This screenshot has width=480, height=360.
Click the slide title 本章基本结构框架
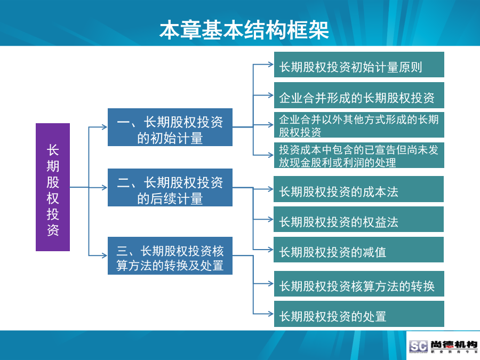click(x=244, y=30)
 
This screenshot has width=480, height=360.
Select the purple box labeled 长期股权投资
click(x=53, y=187)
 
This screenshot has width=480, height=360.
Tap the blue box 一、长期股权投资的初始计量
click(x=170, y=127)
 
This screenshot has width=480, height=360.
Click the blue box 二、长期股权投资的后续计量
click(x=170, y=187)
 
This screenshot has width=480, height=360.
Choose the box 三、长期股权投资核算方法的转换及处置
click(x=170, y=255)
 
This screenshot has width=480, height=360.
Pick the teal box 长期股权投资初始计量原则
click(x=359, y=65)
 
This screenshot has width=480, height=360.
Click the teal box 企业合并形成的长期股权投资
click(x=359, y=95)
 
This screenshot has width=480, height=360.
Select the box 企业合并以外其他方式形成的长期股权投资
click(x=359, y=125)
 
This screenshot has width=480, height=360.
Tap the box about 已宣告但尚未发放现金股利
click(x=359, y=155)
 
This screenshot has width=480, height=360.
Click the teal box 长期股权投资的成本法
click(x=358, y=189)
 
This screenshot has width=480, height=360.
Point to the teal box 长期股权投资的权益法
click(x=358, y=219)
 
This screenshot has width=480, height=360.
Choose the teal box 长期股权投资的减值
click(x=358, y=250)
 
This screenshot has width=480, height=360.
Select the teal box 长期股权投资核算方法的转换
click(x=359, y=284)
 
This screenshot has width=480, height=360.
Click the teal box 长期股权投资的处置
click(x=359, y=314)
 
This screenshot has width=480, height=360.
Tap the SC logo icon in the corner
click(x=418, y=346)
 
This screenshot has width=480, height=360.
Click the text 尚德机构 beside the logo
click(x=454, y=345)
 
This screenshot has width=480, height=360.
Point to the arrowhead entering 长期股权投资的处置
click(x=270, y=314)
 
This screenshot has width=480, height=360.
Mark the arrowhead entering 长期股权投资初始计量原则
click(x=270, y=65)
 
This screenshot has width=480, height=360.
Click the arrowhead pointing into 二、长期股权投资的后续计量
click(x=105, y=187)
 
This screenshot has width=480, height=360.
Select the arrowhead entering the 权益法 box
click(x=270, y=219)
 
